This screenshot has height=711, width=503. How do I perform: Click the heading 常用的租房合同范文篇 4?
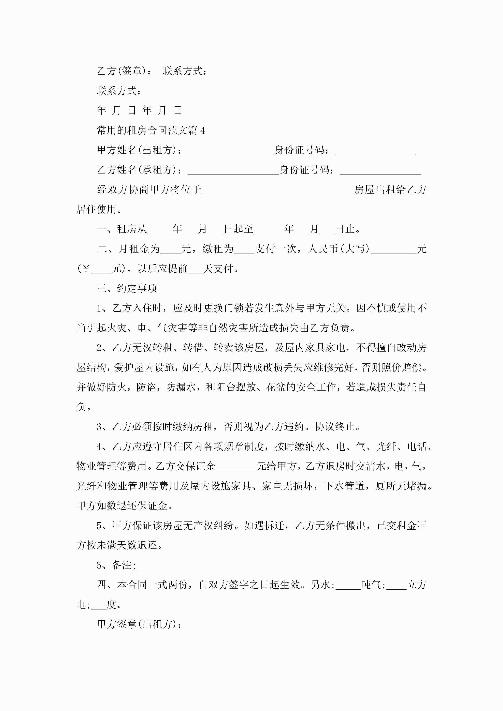pos(151,130)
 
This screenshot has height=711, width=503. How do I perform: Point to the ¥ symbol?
pos(86,269)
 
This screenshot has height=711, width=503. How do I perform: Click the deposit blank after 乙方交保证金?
pos(236,467)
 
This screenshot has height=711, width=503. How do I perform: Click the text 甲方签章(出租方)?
pos(139,624)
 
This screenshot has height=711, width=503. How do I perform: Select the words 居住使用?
pos(96,210)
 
